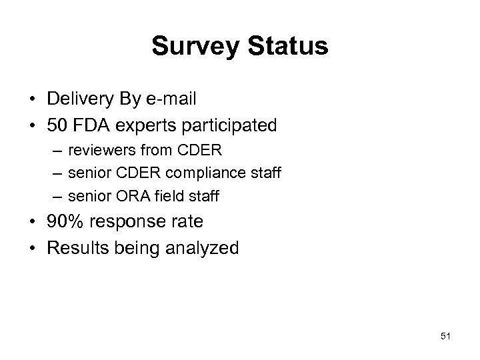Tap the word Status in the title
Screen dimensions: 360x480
point(286,47)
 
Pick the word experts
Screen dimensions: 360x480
point(145,125)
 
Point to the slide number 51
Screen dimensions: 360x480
point(446,336)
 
